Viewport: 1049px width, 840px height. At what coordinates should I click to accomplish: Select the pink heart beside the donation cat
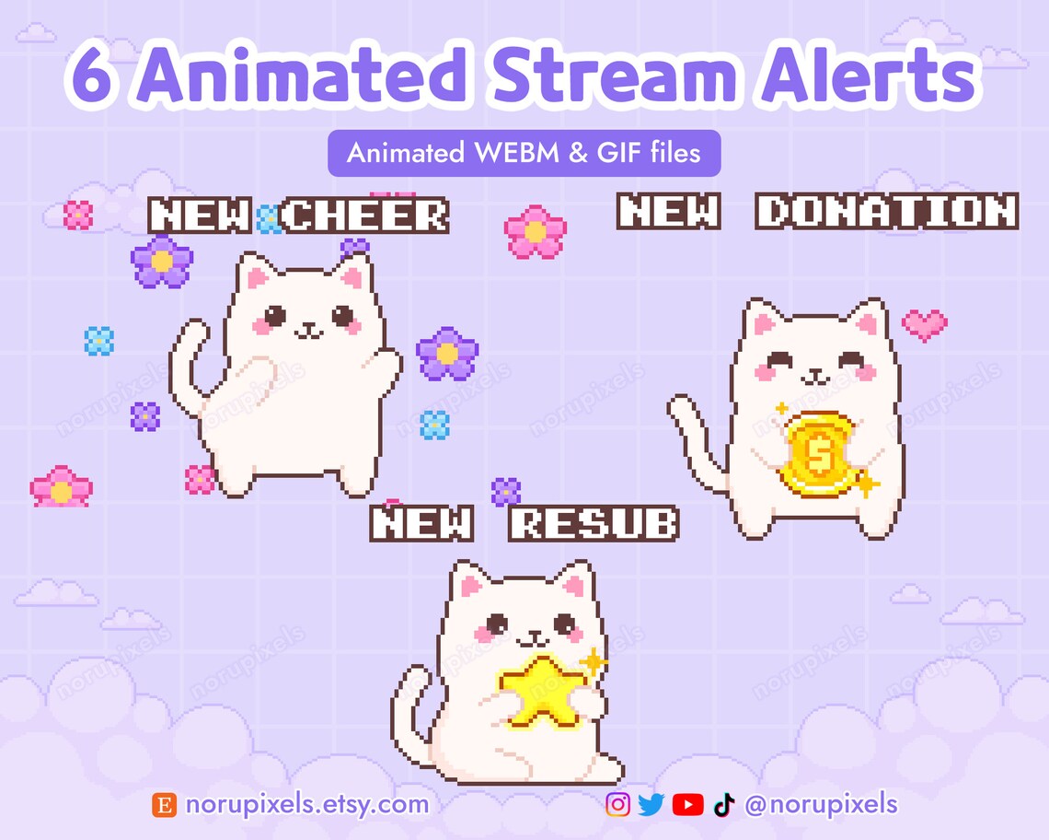tap(924, 323)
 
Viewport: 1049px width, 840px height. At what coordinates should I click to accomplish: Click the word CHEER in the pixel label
tap(365, 216)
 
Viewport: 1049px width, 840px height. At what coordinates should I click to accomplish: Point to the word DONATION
tap(887, 212)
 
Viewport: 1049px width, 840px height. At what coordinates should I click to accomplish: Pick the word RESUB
tap(594, 524)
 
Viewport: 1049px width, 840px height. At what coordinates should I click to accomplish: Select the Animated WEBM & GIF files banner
tap(524, 153)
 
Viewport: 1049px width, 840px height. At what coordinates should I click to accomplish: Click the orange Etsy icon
tap(164, 805)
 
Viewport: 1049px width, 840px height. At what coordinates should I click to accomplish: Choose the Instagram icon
tap(618, 805)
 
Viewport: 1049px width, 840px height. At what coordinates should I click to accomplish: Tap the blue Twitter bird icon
tap(651, 805)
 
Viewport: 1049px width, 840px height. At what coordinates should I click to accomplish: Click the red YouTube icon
tap(687, 805)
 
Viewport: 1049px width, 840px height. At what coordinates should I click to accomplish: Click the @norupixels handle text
tap(821, 804)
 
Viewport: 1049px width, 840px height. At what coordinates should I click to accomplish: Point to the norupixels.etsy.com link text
tap(306, 804)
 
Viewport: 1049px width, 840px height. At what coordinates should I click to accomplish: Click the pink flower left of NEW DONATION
tap(536, 231)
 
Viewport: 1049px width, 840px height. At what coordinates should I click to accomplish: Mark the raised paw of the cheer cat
tap(387, 359)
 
